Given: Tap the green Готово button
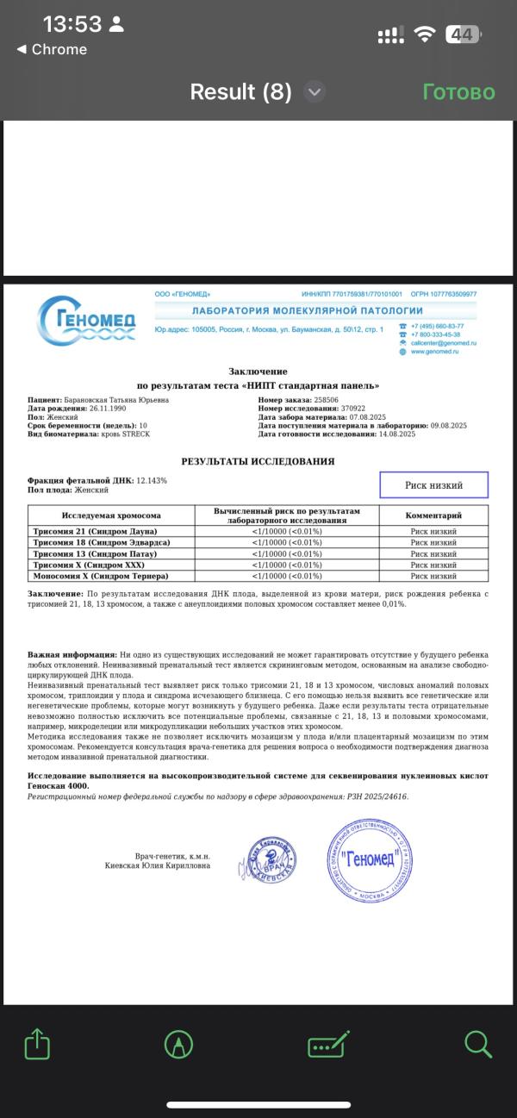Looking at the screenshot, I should click(458, 92).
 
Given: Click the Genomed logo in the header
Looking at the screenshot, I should click(87, 321).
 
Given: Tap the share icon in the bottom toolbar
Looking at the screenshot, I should click(36, 1045).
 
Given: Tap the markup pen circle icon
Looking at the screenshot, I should click(178, 1045).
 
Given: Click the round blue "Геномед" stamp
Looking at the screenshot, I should click(370, 859).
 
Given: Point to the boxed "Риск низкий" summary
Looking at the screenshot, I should click(433, 485).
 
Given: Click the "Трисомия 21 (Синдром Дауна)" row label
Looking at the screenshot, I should click(96, 532).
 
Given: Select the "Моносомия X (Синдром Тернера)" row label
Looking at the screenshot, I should click(101, 576).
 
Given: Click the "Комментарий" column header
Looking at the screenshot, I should click(433, 515).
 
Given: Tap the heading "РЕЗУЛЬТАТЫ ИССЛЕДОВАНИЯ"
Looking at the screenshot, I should click(258, 462).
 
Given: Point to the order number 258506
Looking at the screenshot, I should click(326, 400).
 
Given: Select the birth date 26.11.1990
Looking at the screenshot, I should click(102, 409).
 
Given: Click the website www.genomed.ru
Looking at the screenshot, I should click(434, 352).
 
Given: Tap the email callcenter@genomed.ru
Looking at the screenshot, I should click(443, 343).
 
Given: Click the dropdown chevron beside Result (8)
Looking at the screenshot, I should click(315, 92).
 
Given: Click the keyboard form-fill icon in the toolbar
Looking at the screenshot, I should click(328, 1045).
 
